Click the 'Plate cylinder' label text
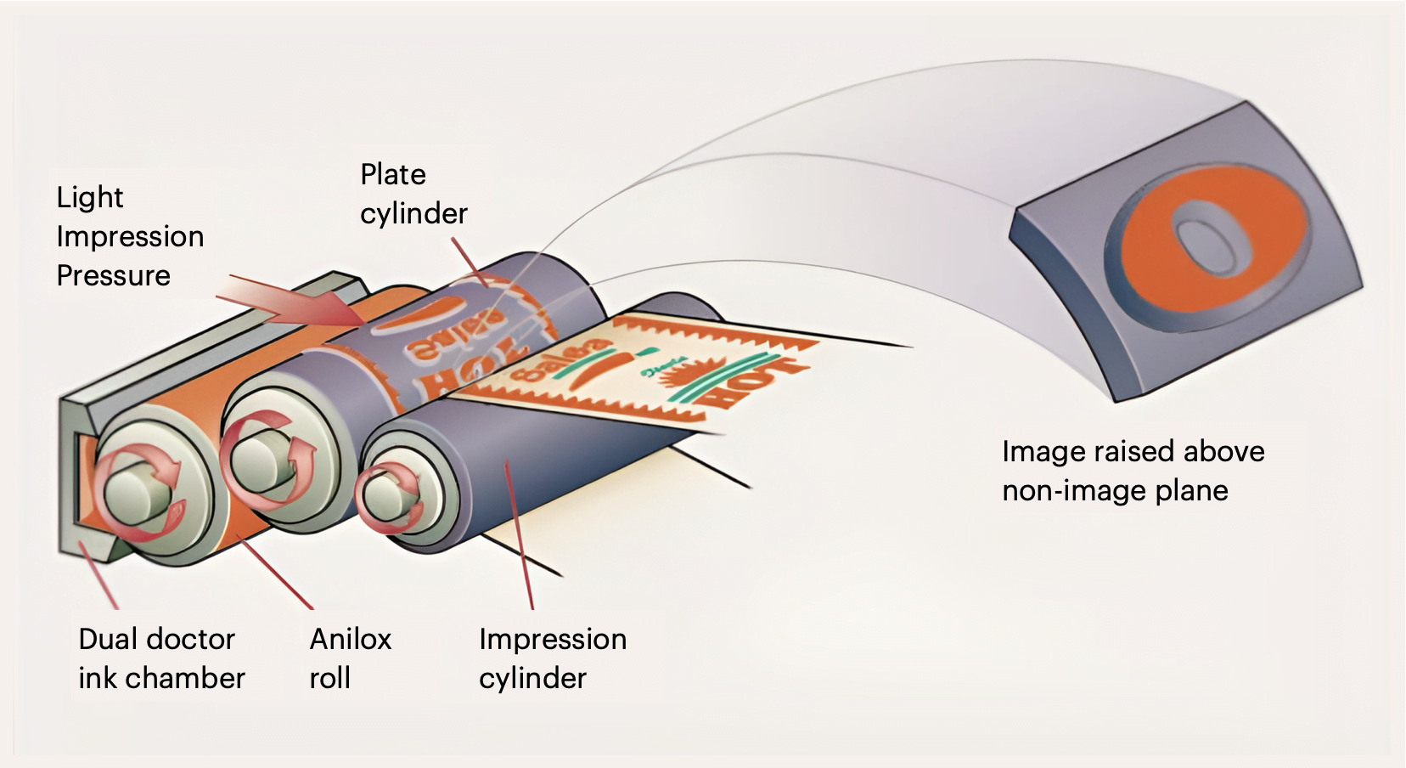(413, 194)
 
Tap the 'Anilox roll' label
(350, 658)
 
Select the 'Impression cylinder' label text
(552, 658)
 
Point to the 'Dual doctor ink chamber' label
(160, 658)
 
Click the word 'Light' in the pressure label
(90, 197)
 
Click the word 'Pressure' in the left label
(113, 275)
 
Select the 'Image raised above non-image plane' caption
(1132, 471)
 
